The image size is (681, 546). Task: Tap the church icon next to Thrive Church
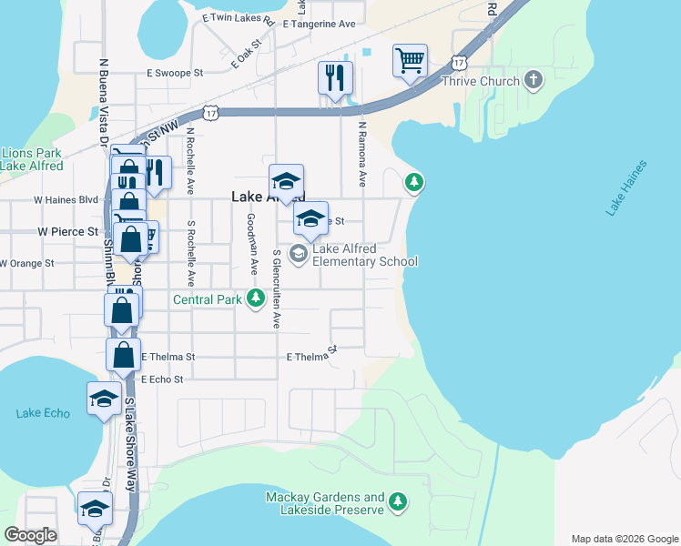pos(533,80)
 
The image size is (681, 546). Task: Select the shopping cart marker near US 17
pos(410,62)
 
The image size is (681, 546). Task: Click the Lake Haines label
pos(627,188)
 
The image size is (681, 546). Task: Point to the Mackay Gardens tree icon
pos(398,500)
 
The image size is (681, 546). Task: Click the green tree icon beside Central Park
pos(258,297)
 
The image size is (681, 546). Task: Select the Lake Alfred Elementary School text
pos(364,255)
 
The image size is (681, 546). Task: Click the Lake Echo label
pos(43,413)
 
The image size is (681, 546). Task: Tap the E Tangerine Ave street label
pos(319,25)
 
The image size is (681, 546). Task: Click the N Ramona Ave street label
pos(361,155)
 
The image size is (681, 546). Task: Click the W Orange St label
pos(27,263)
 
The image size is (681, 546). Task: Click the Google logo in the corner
pos(30,535)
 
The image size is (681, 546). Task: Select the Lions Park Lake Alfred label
pos(32,159)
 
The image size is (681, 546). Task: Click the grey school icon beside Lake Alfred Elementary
pos(298,252)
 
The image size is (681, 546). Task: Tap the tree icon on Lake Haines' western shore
pos(415,184)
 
